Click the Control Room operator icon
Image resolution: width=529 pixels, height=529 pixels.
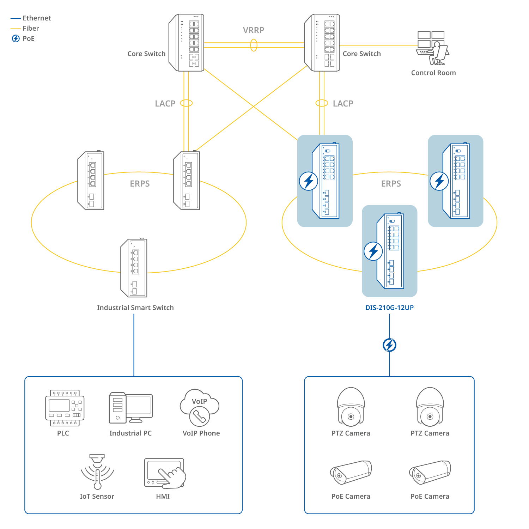click(433, 49)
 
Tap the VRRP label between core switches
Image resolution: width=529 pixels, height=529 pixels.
click(254, 30)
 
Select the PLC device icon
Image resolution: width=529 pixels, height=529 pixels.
click(65, 408)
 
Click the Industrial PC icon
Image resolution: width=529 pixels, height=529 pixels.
click(130, 408)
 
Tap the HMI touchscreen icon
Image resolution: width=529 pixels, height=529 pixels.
click(165, 473)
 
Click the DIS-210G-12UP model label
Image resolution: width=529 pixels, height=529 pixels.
click(389, 308)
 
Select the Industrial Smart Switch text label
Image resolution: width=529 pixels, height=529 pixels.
click(135, 308)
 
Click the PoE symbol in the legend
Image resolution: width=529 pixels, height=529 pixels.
click(16, 38)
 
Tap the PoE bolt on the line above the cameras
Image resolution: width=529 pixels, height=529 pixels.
click(389, 345)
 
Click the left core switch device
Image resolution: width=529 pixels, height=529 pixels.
click(187, 43)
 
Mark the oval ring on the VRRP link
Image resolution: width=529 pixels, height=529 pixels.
click(254, 45)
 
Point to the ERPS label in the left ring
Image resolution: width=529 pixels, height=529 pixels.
click(140, 184)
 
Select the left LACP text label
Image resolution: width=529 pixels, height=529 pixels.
click(165, 103)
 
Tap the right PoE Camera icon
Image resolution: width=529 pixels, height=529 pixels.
click(430, 472)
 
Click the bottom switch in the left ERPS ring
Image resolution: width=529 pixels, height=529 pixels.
click(134, 268)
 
